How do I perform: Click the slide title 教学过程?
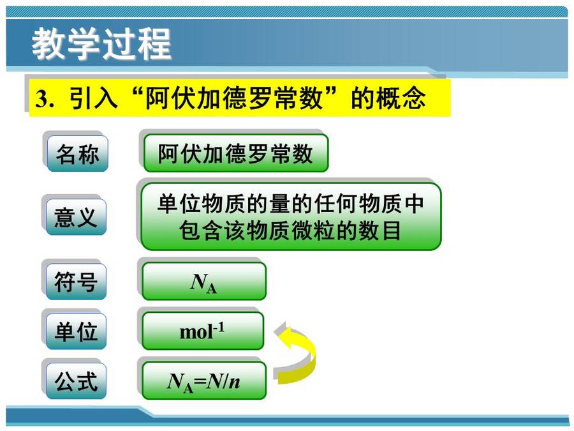click(x=101, y=43)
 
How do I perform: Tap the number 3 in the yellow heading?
click(x=41, y=98)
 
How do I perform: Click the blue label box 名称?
click(x=77, y=153)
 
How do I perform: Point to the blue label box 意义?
click(x=76, y=217)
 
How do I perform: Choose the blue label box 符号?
click(x=76, y=282)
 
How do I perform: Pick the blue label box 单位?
click(x=76, y=331)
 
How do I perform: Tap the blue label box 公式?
click(x=76, y=381)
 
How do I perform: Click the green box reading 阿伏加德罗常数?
click(x=236, y=153)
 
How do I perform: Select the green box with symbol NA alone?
click(x=204, y=281)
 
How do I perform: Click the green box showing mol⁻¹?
click(x=203, y=331)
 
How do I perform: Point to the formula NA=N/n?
click(x=204, y=381)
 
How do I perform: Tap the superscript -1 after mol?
click(x=219, y=327)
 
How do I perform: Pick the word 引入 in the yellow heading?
click(x=93, y=98)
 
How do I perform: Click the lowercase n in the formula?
click(x=234, y=382)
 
